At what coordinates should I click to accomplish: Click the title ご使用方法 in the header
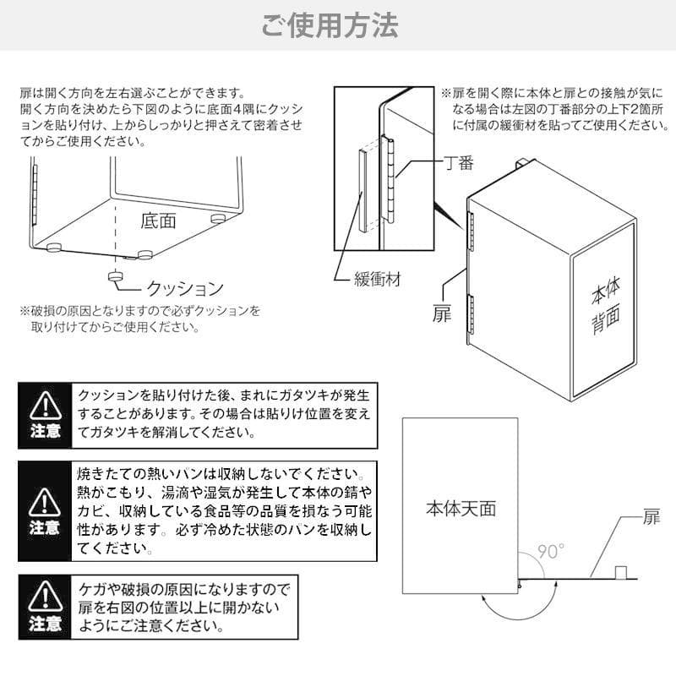tap(330, 25)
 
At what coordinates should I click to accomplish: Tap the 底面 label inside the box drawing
tap(158, 221)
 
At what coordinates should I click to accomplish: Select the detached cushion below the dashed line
tap(116, 275)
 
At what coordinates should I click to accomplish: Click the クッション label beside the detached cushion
tap(185, 287)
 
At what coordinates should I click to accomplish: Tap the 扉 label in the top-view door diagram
tap(651, 518)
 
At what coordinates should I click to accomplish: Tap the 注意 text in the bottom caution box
tap(44, 624)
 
